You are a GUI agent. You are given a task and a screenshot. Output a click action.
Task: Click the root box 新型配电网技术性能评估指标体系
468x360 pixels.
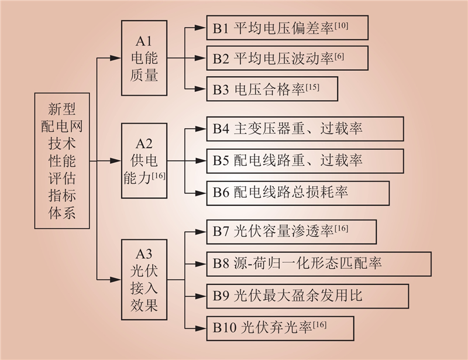click(x=62, y=161)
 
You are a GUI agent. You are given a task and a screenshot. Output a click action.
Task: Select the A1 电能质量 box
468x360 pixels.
click(x=144, y=58)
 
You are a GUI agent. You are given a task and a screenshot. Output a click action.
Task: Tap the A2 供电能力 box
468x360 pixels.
click(x=144, y=161)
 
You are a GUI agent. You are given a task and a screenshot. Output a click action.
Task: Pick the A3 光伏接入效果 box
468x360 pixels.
click(x=144, y=280)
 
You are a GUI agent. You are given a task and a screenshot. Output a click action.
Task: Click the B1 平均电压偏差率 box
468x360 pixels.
click(x=287, y=28)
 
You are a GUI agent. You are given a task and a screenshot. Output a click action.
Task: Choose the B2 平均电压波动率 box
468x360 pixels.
click(x=287, y=59)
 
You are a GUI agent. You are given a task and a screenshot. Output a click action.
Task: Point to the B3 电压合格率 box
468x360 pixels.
click(x=272, y=89)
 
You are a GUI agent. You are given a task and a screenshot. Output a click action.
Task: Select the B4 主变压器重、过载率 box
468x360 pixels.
click(x=305, y=129)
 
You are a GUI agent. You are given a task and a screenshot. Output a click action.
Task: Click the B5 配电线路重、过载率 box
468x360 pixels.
click(x=305, y=161)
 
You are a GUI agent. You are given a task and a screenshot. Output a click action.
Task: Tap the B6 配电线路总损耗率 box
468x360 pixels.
click(x=298, y=193)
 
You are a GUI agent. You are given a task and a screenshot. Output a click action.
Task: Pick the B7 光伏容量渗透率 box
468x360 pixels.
click(x=291, y=232)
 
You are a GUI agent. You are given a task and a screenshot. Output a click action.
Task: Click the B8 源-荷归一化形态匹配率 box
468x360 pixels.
click(x=319, y=264)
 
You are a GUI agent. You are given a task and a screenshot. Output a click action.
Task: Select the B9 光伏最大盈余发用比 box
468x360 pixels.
click(x=308, y=296)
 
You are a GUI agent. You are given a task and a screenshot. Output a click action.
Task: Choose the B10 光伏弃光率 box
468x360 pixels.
click(x=280, y=328)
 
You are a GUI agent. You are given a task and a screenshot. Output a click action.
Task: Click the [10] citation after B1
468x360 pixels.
click(x=341, y=26)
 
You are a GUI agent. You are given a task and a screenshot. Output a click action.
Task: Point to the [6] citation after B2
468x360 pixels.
click(x=339, y=56)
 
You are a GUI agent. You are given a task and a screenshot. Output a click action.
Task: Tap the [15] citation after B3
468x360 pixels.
click(x=312, y=87)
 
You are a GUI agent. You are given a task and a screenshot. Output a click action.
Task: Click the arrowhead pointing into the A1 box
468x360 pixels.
click(x=115, y=59)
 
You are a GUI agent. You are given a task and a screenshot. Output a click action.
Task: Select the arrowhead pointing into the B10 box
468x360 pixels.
click(x=201, y=328)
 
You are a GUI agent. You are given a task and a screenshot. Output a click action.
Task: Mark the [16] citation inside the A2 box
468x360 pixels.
click(x=159, y=176)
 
